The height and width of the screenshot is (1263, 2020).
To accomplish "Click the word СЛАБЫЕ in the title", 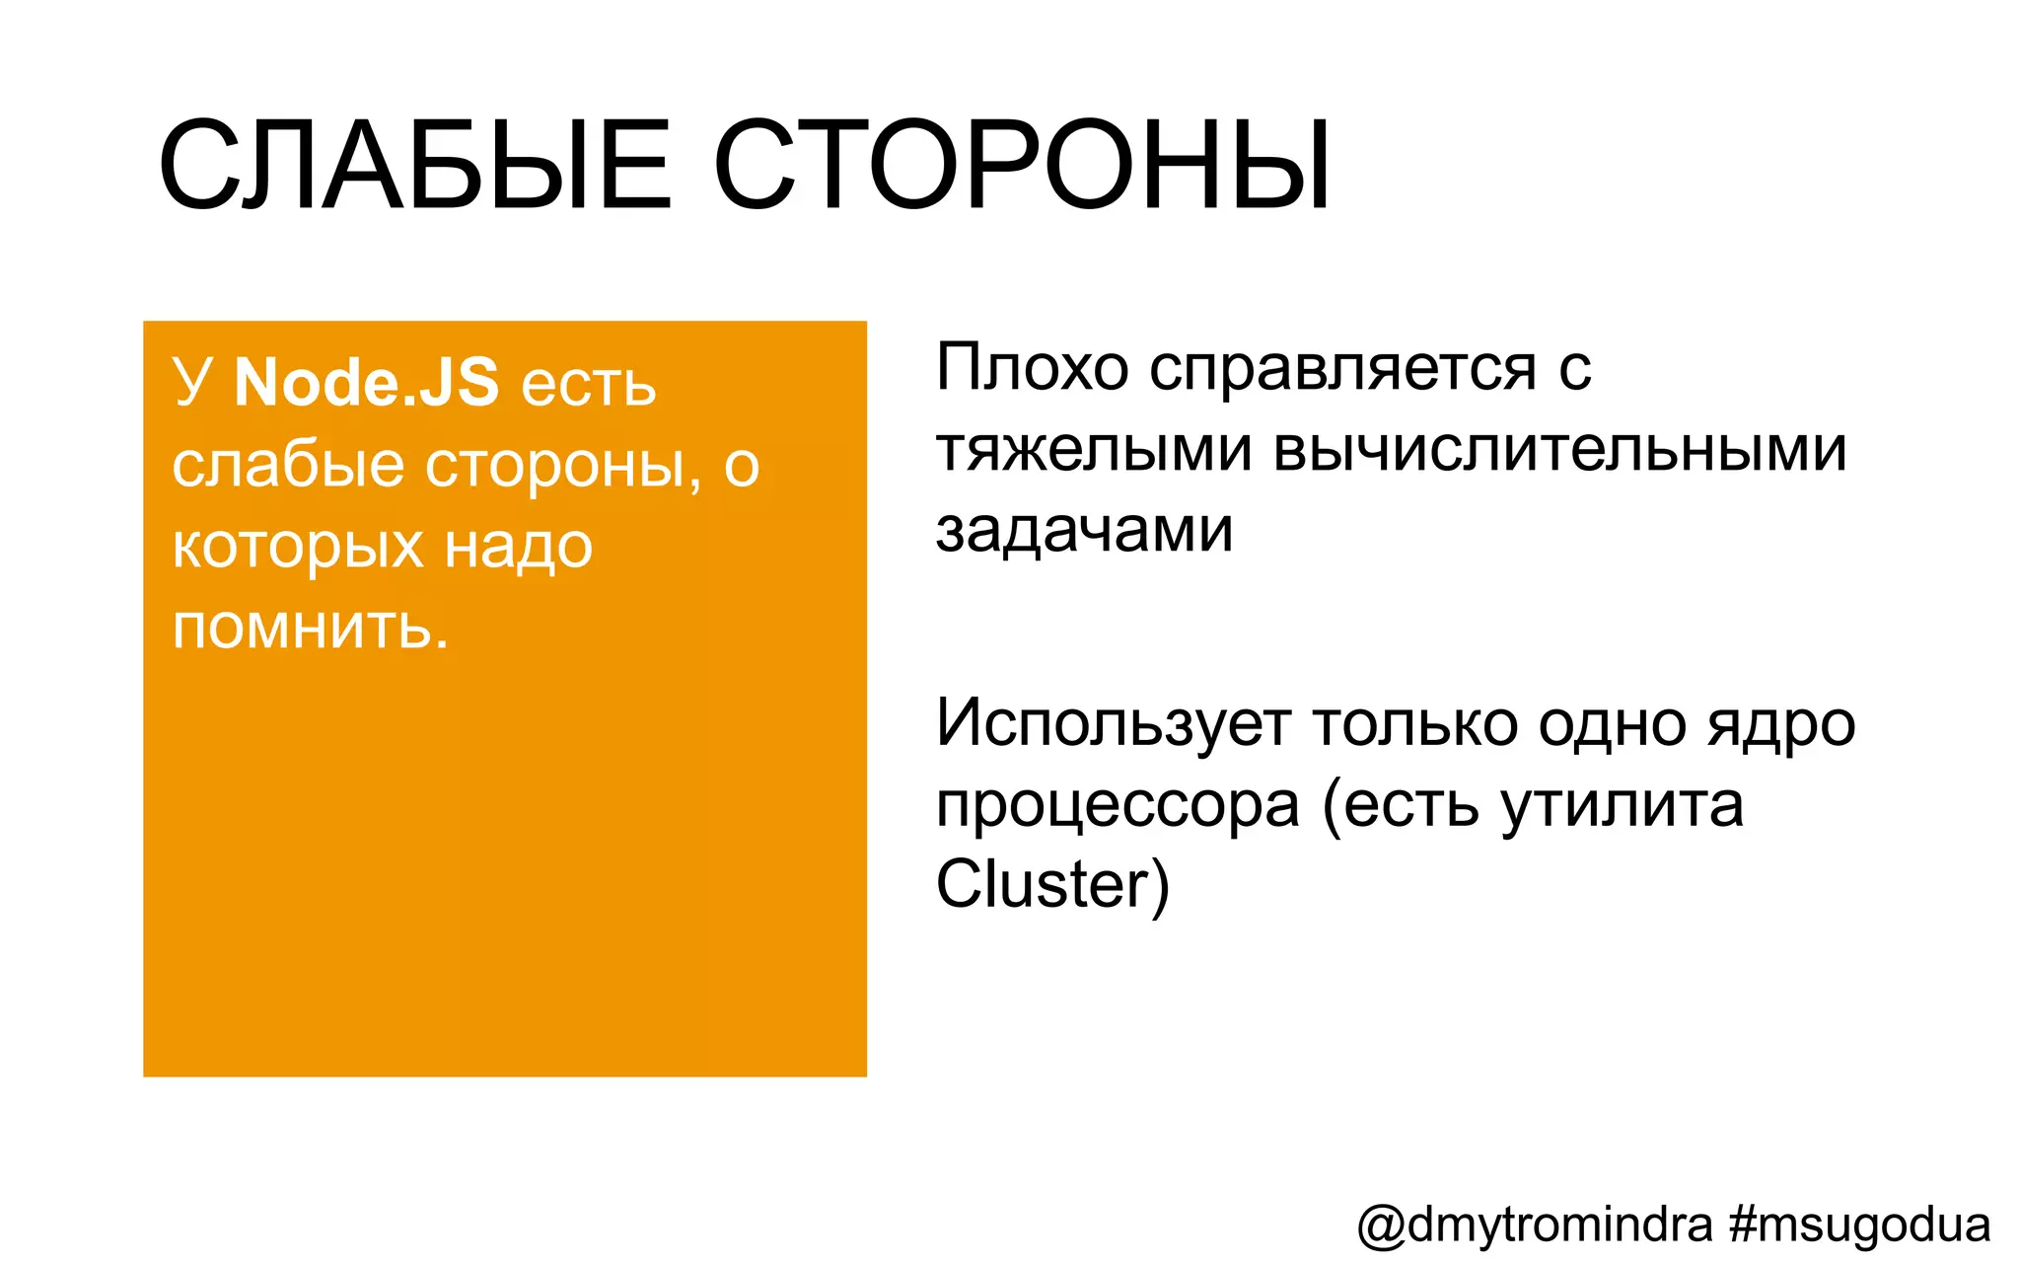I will click(414, 166).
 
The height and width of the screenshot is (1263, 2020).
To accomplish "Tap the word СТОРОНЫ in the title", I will click(1022, 166).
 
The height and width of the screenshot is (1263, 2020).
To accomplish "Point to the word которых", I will click(296, 547).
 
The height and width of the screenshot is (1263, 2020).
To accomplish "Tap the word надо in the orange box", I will click(518, 547).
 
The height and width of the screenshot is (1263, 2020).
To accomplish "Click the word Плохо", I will click(1032, 368).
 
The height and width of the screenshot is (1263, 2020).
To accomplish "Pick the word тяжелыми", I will click(1094, 451).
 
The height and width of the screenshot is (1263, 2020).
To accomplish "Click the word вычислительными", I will click(1559, 451).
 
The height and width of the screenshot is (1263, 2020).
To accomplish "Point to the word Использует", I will click(1114, 725).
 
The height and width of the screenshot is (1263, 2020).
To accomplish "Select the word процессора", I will click(1118, 806).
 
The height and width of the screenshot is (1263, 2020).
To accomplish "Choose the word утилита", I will click(1623, 806).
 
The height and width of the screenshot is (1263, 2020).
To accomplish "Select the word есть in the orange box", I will click(588, 385).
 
